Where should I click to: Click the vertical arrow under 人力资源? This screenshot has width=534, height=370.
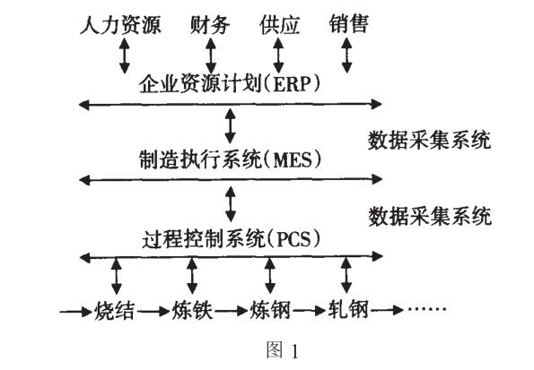point(124,55)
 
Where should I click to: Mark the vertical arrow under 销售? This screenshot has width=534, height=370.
point(347,55)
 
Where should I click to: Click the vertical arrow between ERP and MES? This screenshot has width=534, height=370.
point(231,125)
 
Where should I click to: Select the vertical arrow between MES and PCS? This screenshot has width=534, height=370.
point(231,202)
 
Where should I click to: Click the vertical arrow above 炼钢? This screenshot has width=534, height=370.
point(269,274)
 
